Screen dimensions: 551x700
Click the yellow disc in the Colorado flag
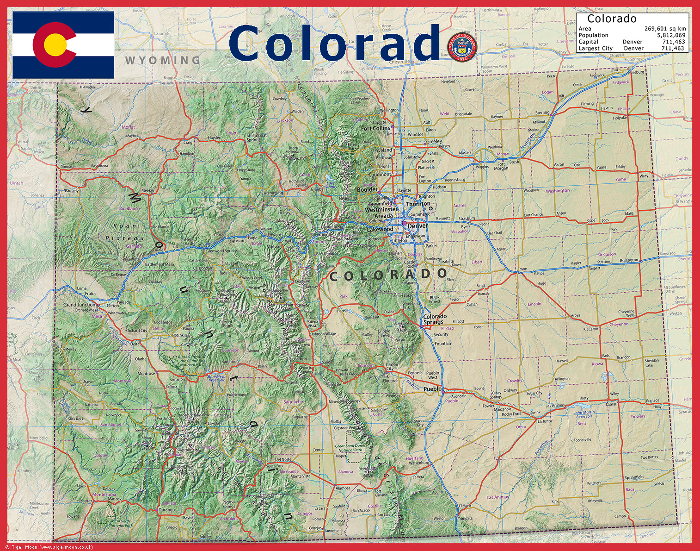point(54,45)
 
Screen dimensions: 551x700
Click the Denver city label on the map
point(417,226)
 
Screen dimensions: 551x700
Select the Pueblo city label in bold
point(433,389)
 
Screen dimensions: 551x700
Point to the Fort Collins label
point(375,128)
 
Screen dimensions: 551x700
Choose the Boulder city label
point(367,190)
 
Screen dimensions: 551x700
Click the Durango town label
point(166,510)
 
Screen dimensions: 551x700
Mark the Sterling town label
point(542,113)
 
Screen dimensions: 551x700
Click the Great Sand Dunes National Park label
point(350,448)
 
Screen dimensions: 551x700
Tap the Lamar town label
point(612,404)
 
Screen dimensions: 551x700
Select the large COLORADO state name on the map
point(388,275)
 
